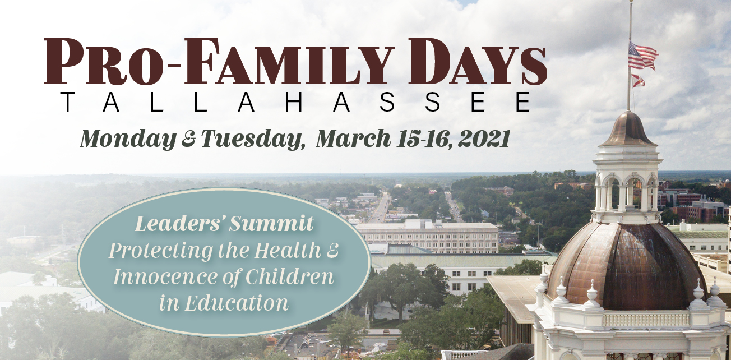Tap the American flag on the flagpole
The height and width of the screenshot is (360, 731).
[x=642, y=56]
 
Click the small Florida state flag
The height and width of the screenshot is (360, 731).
[x=639, y=81]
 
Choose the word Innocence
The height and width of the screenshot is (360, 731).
[x=165, y=277]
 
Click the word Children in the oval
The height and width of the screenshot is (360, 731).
[x=290, y=277]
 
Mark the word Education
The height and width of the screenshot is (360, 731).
[x=237, y=303]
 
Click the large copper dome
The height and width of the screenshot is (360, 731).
[x=627, y=266]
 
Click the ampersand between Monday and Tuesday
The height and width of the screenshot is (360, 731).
[x=188, y=140]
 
